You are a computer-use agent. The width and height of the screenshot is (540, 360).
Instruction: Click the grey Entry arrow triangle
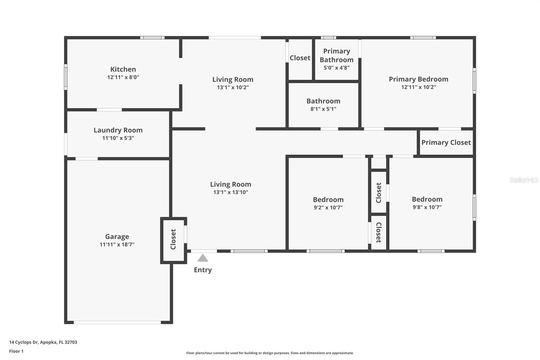pyautogui.click(x=202, y=258)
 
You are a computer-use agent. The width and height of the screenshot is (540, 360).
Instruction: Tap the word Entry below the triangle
pyautogui.click(x=202, y=270)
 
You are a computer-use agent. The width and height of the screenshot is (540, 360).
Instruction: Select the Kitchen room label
pyautogui.click(x=123, y=69)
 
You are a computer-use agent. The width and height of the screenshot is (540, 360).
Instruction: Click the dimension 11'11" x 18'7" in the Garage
pyautogui.click(x=117, y=245)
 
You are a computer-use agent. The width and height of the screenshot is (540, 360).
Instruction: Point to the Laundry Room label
pyautogui.click(x=118, y=130)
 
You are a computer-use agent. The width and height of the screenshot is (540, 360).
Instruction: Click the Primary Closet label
pyautogui.click(x=446, y=143)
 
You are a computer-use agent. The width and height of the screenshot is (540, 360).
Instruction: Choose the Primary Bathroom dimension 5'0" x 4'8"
pyautogui.click(x=336, y=68)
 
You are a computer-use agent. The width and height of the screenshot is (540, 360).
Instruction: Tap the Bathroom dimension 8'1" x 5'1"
pyautogui.click(x=323, y=109)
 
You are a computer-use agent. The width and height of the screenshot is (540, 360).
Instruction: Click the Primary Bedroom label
pyautogui.click(x=418, y=79)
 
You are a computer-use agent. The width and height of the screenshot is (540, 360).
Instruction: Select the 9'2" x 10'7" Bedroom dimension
pyautogui.click(x=328, y=207)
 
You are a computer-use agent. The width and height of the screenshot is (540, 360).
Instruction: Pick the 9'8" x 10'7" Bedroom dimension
pyautogui.click(x=427, y=207)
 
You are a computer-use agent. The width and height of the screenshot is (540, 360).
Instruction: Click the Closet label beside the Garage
pyautogui.click(x=173, y=239)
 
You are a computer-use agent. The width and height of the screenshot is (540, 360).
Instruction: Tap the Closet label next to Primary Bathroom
pyautogui.click(x=300, y=58)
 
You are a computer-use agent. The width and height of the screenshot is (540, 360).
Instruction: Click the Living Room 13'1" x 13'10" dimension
pyautogui.click(x=231, y=192)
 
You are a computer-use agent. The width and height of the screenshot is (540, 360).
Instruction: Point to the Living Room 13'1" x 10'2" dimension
pyautogui.click(x=233, y=87)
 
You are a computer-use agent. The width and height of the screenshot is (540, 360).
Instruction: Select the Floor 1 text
pyautogui.click(x=16, y=351)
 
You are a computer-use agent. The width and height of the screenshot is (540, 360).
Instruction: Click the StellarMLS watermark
pyautogui.click(x=524, y=180)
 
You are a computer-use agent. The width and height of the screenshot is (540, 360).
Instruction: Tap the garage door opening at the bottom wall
pyautogui.click(x=117, y=322)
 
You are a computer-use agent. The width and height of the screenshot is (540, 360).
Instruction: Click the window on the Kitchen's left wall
pyautogui.click(x=66, y=77)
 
